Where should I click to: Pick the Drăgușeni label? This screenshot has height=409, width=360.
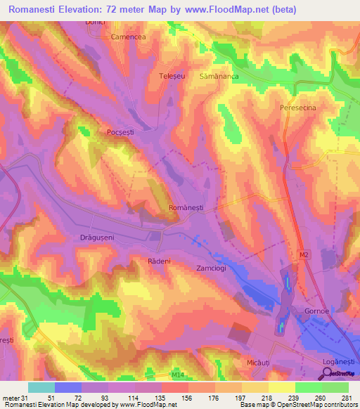tap(92, 238)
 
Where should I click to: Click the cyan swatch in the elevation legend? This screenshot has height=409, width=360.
tap(41, 387)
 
